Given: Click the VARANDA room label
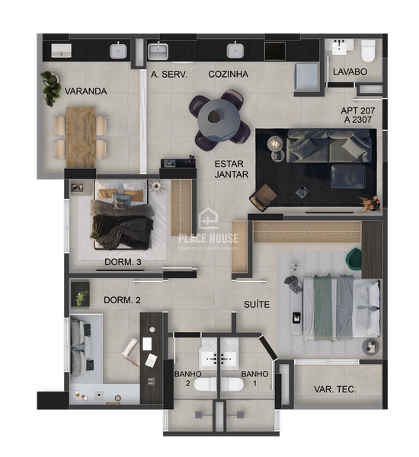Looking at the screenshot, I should coord(85,91).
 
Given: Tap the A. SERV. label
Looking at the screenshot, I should coord(169,75).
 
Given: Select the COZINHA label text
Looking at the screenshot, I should coord(229,75).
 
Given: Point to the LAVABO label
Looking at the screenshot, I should coord(350,72).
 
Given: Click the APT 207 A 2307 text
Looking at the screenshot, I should coord(357,115).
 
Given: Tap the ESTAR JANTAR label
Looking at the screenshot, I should coord(229,169).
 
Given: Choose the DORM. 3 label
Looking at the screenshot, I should coord(123,263).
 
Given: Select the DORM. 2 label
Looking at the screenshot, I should coord(122,299).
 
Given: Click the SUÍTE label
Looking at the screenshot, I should coord(257,305).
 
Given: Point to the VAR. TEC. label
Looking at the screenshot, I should coord(335,389).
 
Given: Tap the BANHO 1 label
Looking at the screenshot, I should coord(254,379).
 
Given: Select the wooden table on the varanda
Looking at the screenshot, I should coord(80,136).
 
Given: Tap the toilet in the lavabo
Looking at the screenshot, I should coord(369,50).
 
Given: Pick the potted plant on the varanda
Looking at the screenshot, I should coord(51,87).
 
